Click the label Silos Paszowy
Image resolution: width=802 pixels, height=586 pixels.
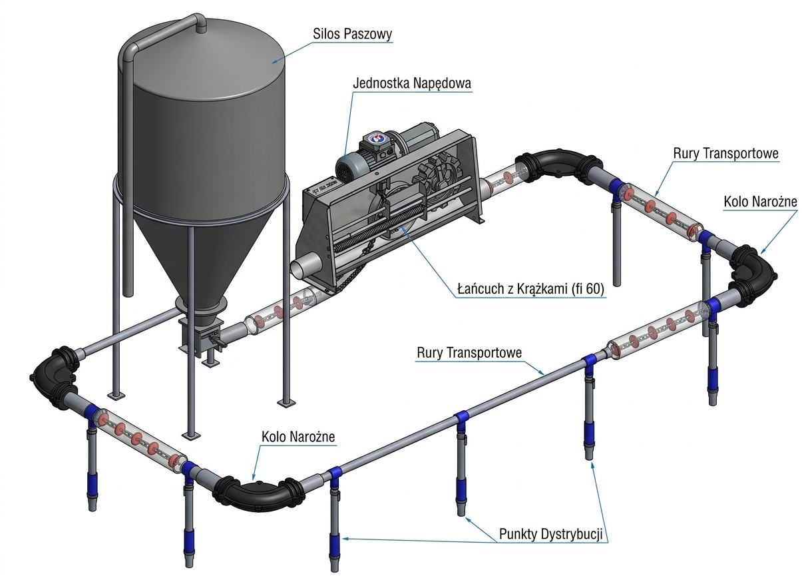click(x=353, y=34)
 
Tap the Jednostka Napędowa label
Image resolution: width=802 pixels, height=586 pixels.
click(x=412, y=83)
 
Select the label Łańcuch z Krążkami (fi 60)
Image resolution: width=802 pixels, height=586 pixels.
click(x=530, y=290)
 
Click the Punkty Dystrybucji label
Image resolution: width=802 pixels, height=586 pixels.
click(x=554, y=534)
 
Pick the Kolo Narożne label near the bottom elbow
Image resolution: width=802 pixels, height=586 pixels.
click(x=298, y=437)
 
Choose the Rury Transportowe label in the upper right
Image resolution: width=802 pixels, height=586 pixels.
click(x=725, y=154)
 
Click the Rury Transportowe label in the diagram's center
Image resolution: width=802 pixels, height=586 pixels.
click(x=469, y=352)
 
